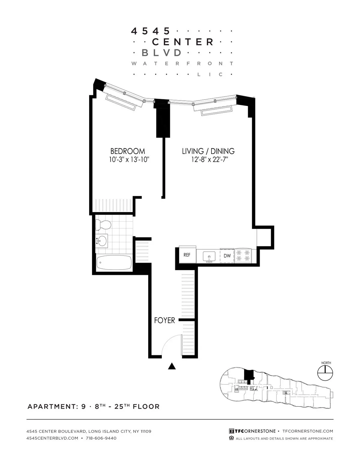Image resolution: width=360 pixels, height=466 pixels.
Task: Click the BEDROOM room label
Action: coord(127,151)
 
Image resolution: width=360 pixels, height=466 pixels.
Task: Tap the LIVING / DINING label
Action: coord(208,151)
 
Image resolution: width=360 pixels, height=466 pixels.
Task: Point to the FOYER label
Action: coord(164,320)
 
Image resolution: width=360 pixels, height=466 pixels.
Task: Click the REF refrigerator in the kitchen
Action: coord(187,255)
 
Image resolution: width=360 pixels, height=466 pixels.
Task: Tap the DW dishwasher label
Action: coord(227,256)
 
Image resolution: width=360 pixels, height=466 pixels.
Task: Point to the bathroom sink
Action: coord(101,240)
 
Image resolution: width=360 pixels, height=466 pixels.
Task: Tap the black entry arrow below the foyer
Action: coord(172,366)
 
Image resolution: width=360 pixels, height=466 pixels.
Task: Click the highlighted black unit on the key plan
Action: coord(248,375)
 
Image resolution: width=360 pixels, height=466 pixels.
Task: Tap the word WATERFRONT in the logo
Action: coord(182,64)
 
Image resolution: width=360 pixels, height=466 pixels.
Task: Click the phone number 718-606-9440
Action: coord(101,438)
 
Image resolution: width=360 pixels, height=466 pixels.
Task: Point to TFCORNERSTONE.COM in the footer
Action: coord(308,431)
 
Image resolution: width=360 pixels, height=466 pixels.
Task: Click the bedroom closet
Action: coord(114,206)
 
